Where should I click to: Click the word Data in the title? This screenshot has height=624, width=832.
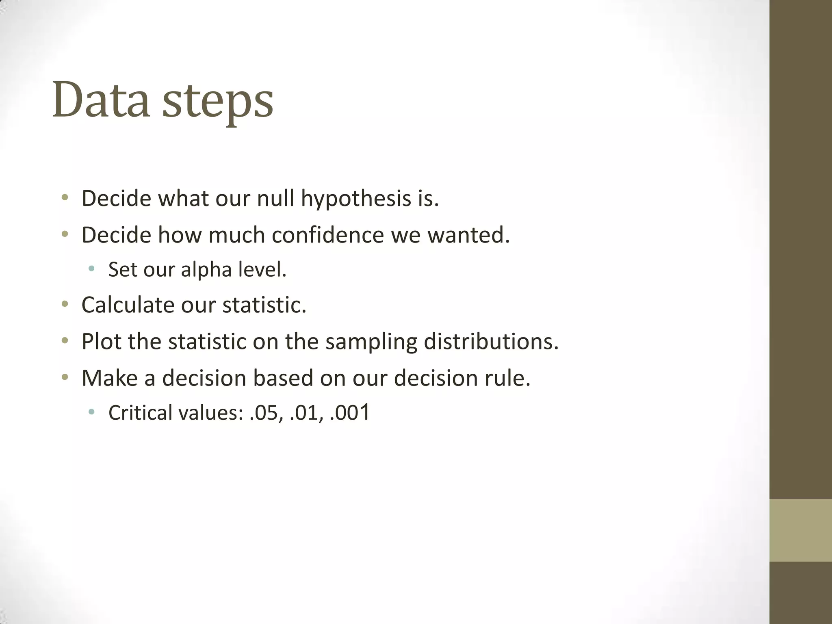[101, 100]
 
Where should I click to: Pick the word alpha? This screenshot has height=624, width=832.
[206, 270]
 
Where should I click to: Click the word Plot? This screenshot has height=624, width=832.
[101, 341]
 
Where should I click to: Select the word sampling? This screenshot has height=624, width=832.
[371, 342]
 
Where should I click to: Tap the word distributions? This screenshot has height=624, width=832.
[491, 341]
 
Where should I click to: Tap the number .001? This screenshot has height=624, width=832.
[350, 413]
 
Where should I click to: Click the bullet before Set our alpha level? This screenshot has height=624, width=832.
[91, 268]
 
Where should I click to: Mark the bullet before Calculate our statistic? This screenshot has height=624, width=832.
[65, 304]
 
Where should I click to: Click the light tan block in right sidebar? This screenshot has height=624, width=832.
[800, 530]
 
